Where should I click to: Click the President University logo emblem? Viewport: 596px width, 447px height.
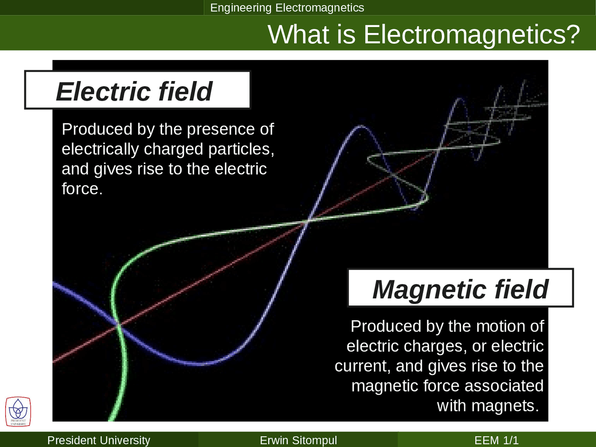tap(18, 412)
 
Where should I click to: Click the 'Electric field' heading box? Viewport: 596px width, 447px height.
tap(137, 90)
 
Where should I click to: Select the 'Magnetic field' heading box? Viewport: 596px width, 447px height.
tap(461, 288)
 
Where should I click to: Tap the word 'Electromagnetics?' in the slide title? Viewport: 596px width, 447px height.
tap(472, 34)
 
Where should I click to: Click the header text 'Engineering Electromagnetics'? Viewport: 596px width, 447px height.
tap(287, 7)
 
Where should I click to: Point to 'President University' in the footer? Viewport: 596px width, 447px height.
tap(99, 440)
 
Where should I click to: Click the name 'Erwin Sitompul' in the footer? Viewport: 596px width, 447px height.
tap(298, 440)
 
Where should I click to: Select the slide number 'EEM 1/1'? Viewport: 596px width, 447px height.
tap(496, 440)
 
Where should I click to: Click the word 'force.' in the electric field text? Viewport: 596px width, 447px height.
tap(82, 189)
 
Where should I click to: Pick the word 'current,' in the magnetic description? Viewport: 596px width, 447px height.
tap(363, 366)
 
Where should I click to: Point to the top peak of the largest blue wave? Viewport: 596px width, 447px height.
tap(360, 126)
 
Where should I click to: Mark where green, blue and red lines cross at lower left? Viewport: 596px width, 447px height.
tap(118, 325)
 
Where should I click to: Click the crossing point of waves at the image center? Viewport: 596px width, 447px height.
tap(307, 221)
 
